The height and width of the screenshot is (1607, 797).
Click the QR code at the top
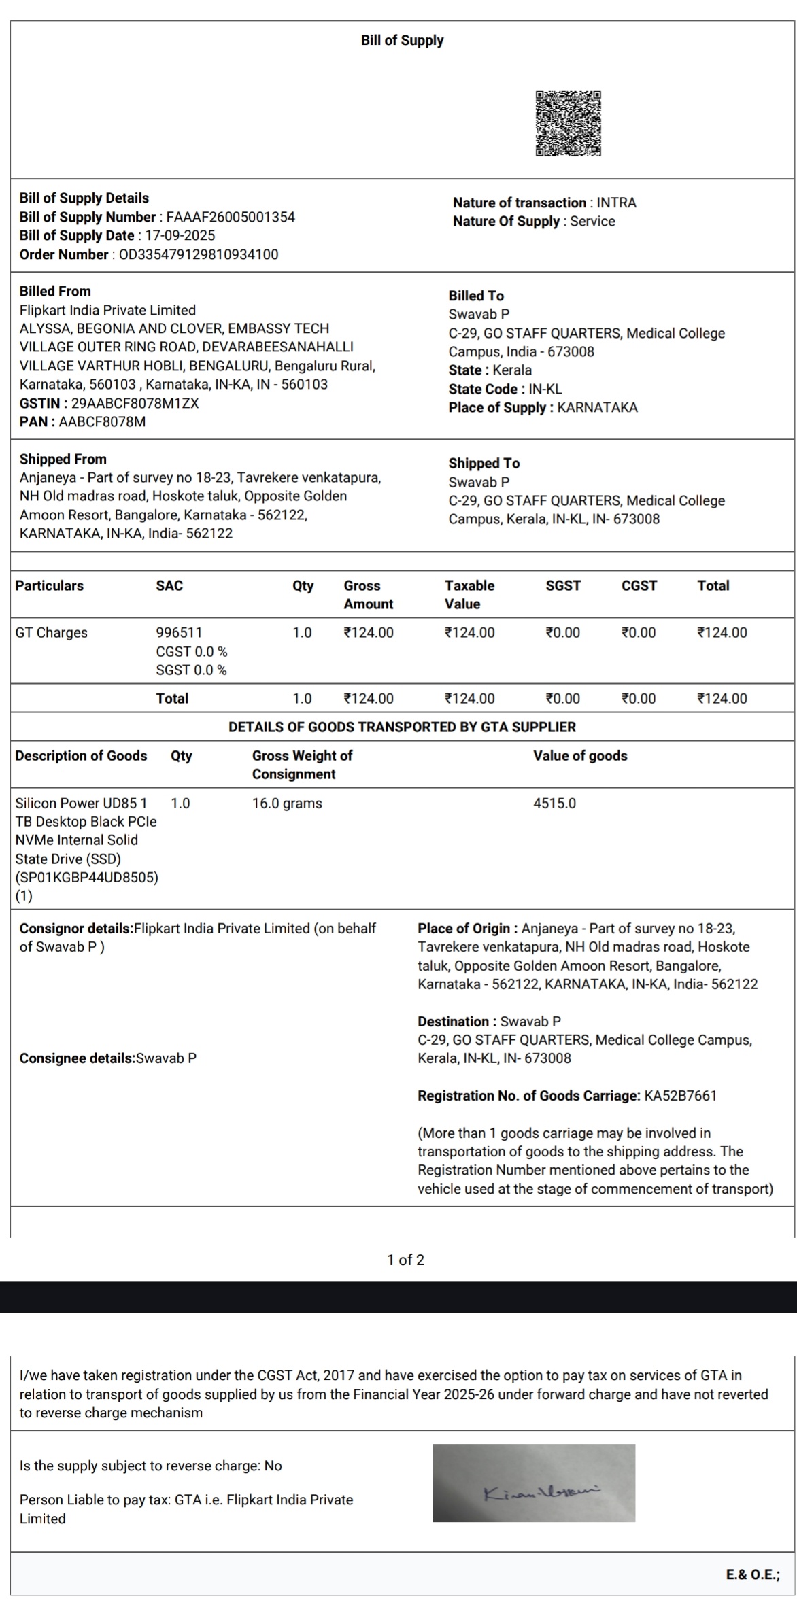568,124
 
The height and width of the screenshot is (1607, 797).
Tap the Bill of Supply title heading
402,41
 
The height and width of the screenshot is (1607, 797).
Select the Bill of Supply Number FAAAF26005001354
231,218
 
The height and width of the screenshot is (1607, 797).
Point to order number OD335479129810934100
199,255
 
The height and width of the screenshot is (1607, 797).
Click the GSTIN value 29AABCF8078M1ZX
135,403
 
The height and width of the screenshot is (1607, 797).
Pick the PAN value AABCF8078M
102,422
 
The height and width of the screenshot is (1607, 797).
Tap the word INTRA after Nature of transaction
616,203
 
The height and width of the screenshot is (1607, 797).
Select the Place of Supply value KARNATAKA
597,408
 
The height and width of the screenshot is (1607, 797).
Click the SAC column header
169,586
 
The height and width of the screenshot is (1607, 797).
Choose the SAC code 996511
179,633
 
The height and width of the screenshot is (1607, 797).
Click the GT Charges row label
52,633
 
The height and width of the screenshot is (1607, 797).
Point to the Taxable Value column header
469,595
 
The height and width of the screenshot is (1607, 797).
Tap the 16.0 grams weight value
287,803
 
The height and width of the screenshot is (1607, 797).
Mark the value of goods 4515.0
554,803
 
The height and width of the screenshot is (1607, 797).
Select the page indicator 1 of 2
405,1260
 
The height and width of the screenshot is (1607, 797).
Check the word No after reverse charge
273,1466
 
